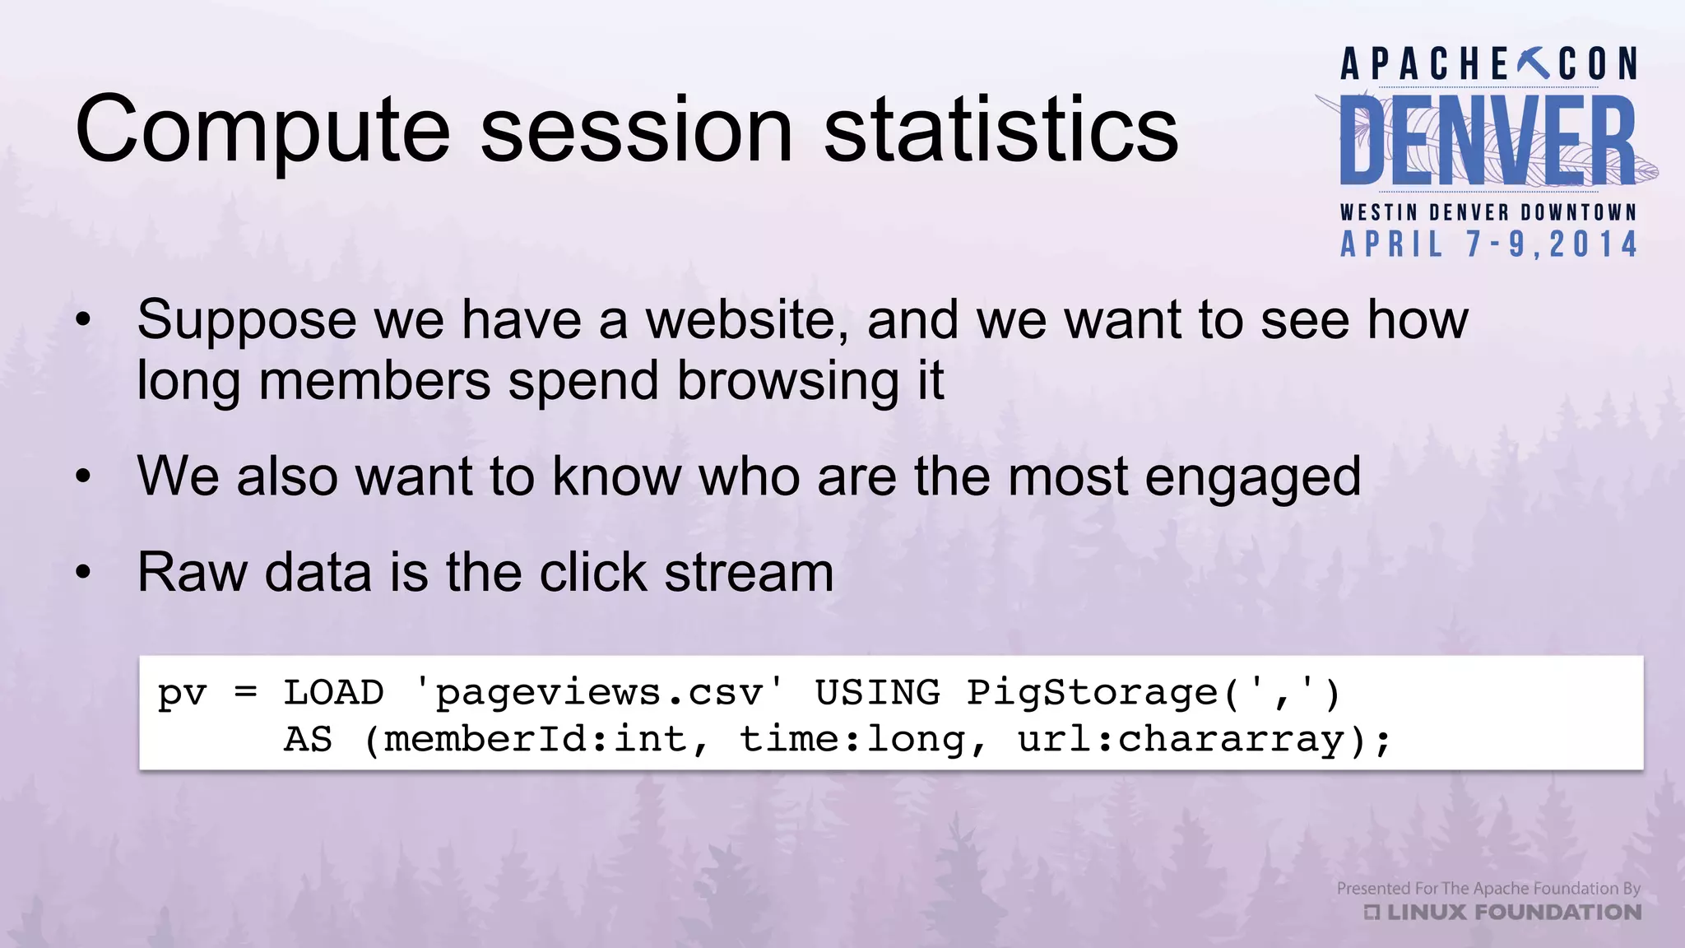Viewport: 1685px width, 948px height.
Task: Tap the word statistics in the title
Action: pos(1001,130)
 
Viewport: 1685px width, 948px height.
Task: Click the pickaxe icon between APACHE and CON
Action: pos(1533,63)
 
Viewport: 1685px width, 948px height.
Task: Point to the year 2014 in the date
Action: pos(1593,244)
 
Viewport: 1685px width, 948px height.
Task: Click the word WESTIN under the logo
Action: pos(1379,212)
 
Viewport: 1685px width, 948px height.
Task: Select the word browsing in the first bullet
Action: pos(787,382)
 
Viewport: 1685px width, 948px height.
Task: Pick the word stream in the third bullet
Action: pos(749,572)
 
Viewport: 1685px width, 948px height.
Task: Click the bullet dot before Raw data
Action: pos(83,572)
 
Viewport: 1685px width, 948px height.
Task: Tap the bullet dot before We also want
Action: pos(83,476)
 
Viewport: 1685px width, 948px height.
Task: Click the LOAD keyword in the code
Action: pos(333,693)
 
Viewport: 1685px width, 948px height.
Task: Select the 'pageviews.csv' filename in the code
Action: pos(599,693)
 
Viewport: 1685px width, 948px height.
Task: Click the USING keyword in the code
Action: pos(877,693)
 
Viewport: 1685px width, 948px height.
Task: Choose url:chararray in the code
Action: pos(1180,740)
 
